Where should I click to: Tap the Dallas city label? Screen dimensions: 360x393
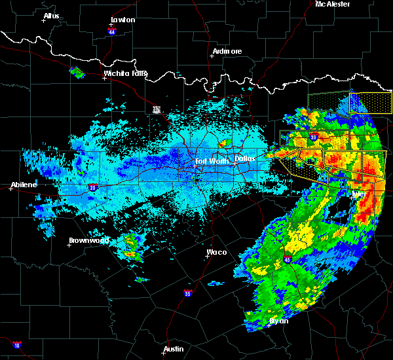(x=244, y=158)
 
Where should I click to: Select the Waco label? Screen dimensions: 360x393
(x=217, y=252)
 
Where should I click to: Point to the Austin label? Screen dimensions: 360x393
(x=174, y=349)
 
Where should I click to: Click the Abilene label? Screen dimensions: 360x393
(x=24, y=185)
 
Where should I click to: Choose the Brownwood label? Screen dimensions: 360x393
(x=88, y=240)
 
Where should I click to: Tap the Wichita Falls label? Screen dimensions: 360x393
(x=125, y=73)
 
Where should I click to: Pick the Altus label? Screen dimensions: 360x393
(x=50, y=16)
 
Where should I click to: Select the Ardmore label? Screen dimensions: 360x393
(x=227, y=51)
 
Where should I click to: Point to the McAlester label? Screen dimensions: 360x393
(x=333, y=4)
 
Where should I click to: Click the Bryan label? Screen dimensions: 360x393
(x=278, y=321)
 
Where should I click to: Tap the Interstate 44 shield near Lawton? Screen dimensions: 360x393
(x=112, y=31)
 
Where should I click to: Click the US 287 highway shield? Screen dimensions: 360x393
(x=157, y=109)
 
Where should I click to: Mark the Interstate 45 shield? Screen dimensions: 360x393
(x=288, y=261)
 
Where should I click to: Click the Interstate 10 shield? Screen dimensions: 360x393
(x=16, y=345)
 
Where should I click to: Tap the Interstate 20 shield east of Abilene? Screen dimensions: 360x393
(x=93, y=187)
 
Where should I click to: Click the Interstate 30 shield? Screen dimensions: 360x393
(x=314, y=137)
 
